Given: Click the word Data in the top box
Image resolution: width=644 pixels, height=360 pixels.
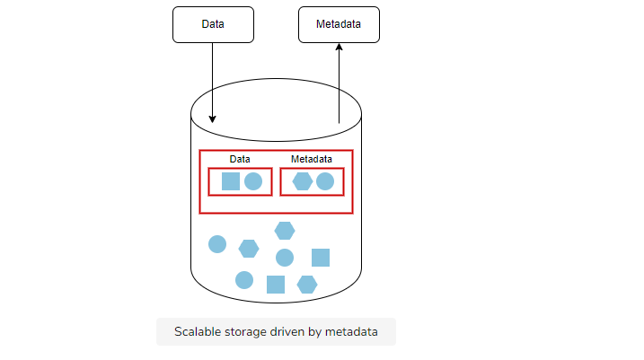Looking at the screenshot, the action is [213, 24].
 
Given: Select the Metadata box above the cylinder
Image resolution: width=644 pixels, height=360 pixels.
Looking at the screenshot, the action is [339, 24].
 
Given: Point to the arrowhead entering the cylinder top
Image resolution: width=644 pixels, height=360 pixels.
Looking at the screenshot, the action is [212, 119].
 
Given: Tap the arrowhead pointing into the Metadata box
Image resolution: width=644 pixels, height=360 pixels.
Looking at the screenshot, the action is [339, 48].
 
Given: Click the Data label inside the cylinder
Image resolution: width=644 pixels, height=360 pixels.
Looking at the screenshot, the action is [240, 159].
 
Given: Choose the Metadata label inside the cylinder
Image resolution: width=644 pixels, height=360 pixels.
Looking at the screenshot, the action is [312, 159].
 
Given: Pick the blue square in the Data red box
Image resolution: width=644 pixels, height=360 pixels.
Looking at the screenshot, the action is [231, 181].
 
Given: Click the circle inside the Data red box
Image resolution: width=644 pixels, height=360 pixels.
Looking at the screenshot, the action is [253, 181].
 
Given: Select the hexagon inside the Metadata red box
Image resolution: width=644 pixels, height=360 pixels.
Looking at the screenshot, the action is [303, 181].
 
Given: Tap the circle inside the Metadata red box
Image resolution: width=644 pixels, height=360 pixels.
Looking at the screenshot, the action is [325, 181].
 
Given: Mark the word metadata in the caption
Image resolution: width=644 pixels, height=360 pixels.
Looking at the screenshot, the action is [351, 331].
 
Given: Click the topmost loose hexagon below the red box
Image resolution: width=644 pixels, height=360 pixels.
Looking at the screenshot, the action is [285, 231].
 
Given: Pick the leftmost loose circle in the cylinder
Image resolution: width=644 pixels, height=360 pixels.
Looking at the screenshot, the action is [217, 244].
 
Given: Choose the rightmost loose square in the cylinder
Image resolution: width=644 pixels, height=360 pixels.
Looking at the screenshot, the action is [321, 258].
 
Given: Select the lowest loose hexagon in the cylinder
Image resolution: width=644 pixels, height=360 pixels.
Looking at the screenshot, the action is [307, 285].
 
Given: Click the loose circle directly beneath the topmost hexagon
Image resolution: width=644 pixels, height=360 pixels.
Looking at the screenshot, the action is [285, 258].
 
